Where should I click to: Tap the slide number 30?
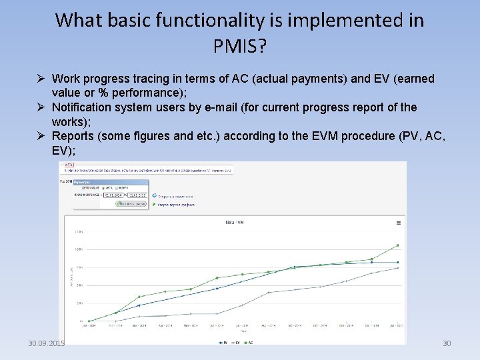point(447,343)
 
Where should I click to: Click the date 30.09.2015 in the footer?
point(46,343)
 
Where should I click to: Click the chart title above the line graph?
point(234,222)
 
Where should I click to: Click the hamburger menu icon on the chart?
point(399,223)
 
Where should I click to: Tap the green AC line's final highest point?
point(398,245)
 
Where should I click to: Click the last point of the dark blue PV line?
point(398,263)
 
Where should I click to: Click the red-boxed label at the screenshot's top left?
point(69,165)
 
